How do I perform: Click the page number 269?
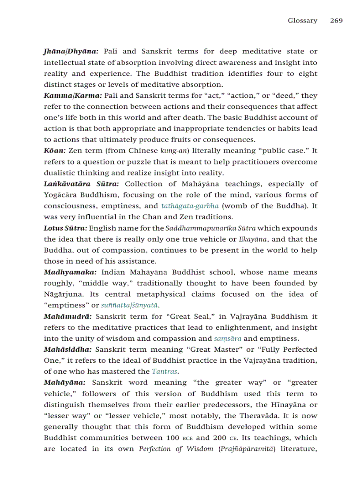(336, 21)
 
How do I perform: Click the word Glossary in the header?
(302, 21)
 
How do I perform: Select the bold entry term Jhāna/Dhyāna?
(71, 52)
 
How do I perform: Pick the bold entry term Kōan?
(55, 151)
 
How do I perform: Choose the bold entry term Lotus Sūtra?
(65, 228)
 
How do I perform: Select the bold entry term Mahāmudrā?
(67, 316)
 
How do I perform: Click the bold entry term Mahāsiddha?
(67, 350)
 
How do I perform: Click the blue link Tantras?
(165, 372)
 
